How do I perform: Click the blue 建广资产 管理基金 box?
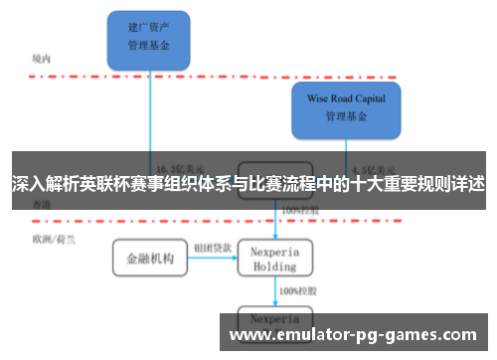(149, 36)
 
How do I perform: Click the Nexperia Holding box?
(275, 259)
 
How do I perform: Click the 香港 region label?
(41, 204)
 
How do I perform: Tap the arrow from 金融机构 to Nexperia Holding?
(212, 260)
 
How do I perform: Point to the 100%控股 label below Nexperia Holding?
(298, 290)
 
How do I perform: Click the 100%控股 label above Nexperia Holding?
(298, 211)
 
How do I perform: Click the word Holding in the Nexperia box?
(275, 267)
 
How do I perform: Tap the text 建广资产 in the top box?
(149, 28)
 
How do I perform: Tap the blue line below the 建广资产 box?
(150, 109)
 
